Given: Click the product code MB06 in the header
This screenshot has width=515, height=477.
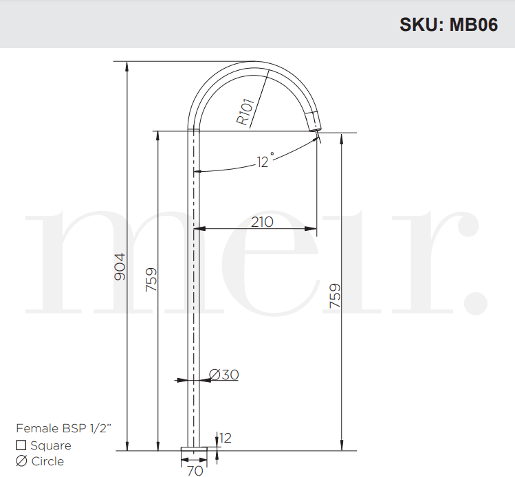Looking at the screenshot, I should click(x=474, y=25).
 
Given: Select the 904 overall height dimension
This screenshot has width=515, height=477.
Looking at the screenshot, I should click(x=120, y=267).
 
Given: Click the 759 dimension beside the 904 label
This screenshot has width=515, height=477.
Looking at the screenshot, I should click(x=151, y=280).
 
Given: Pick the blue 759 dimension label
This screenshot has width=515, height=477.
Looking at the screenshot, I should click(x=335, y=296).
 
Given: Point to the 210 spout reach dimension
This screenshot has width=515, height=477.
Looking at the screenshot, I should click(x=262, y=222).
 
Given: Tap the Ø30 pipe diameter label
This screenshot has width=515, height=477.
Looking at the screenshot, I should click(x=223, y=375).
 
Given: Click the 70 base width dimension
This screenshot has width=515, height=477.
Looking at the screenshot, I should click(x=195, y=471).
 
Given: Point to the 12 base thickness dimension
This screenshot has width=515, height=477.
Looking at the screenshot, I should click(x=226, y=438).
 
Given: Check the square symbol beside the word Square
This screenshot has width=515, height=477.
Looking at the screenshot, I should click(x=21, y=445).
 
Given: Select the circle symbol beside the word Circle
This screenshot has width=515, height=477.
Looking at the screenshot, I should click(x=21, y=461).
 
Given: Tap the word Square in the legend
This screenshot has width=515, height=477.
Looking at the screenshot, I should click(x=51, y=445).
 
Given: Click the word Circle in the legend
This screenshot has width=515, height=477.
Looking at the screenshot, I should click(x=47, y=461).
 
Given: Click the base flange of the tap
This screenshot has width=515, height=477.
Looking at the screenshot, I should click(x=194, y=452).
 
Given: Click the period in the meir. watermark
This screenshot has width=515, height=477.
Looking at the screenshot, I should click(x=476, y=301).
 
